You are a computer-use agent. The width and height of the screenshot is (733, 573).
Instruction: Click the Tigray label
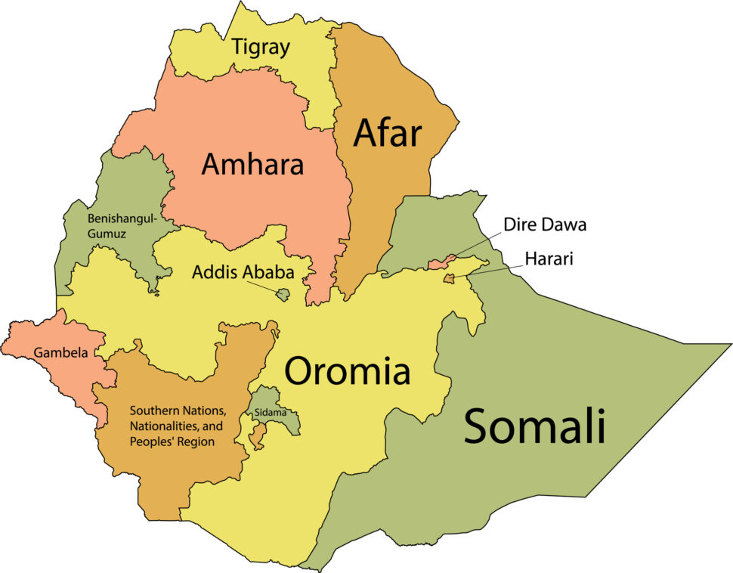coord(261,48)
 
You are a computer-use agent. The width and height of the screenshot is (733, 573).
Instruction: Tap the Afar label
coord(388,133)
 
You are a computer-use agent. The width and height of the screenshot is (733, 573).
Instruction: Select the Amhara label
coord(252,164)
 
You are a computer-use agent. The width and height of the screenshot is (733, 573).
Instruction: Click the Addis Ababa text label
coord(240,272)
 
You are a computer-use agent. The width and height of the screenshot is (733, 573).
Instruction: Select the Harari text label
coord(550,259)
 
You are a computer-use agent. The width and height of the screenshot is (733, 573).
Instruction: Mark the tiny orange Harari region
coord(449,280)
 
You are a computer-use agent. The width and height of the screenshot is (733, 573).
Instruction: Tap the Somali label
coord(534,426)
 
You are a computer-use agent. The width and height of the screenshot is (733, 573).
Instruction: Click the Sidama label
coord(271,413)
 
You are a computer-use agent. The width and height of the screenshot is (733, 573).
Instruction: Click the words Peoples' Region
coord(172,441)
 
